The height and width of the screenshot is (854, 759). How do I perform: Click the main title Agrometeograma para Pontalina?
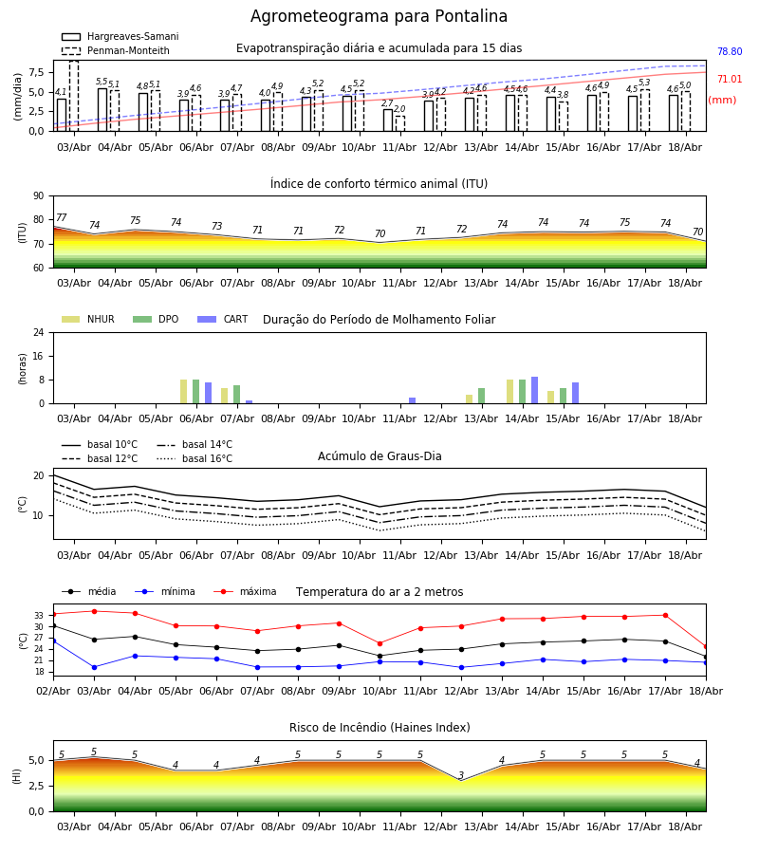[379, 16]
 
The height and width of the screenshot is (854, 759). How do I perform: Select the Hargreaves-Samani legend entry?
[120, 36]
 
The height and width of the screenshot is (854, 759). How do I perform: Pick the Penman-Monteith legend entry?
[116, 50]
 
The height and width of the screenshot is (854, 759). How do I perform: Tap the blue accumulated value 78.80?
[730, 52]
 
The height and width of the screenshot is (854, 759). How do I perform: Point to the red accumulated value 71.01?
[730, 79]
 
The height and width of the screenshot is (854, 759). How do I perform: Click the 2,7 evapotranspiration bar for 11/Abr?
[388, 121]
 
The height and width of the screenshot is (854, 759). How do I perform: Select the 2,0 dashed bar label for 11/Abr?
[399, 109]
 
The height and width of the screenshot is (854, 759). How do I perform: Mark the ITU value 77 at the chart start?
[61, 217]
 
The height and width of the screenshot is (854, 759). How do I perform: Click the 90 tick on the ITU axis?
[38, 196]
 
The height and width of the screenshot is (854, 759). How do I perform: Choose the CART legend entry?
[223, 319]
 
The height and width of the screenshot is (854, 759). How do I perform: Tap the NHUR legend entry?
[88, 319]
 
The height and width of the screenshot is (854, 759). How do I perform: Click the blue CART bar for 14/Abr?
[535, 390]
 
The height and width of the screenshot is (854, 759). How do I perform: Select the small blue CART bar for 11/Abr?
[412, 400]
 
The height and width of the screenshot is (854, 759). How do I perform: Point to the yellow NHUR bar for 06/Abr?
[183, 392]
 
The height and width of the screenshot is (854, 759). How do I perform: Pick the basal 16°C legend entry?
[194, 458]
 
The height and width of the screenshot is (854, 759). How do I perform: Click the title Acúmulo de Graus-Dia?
[379, 456]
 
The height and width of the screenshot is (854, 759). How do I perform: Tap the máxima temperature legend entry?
[245, 591]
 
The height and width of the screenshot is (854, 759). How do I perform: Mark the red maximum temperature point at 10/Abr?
[380, 643]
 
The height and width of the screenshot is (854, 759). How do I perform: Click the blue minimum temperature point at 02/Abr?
[53, 641]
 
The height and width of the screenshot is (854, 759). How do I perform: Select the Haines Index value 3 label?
[461, 775]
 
